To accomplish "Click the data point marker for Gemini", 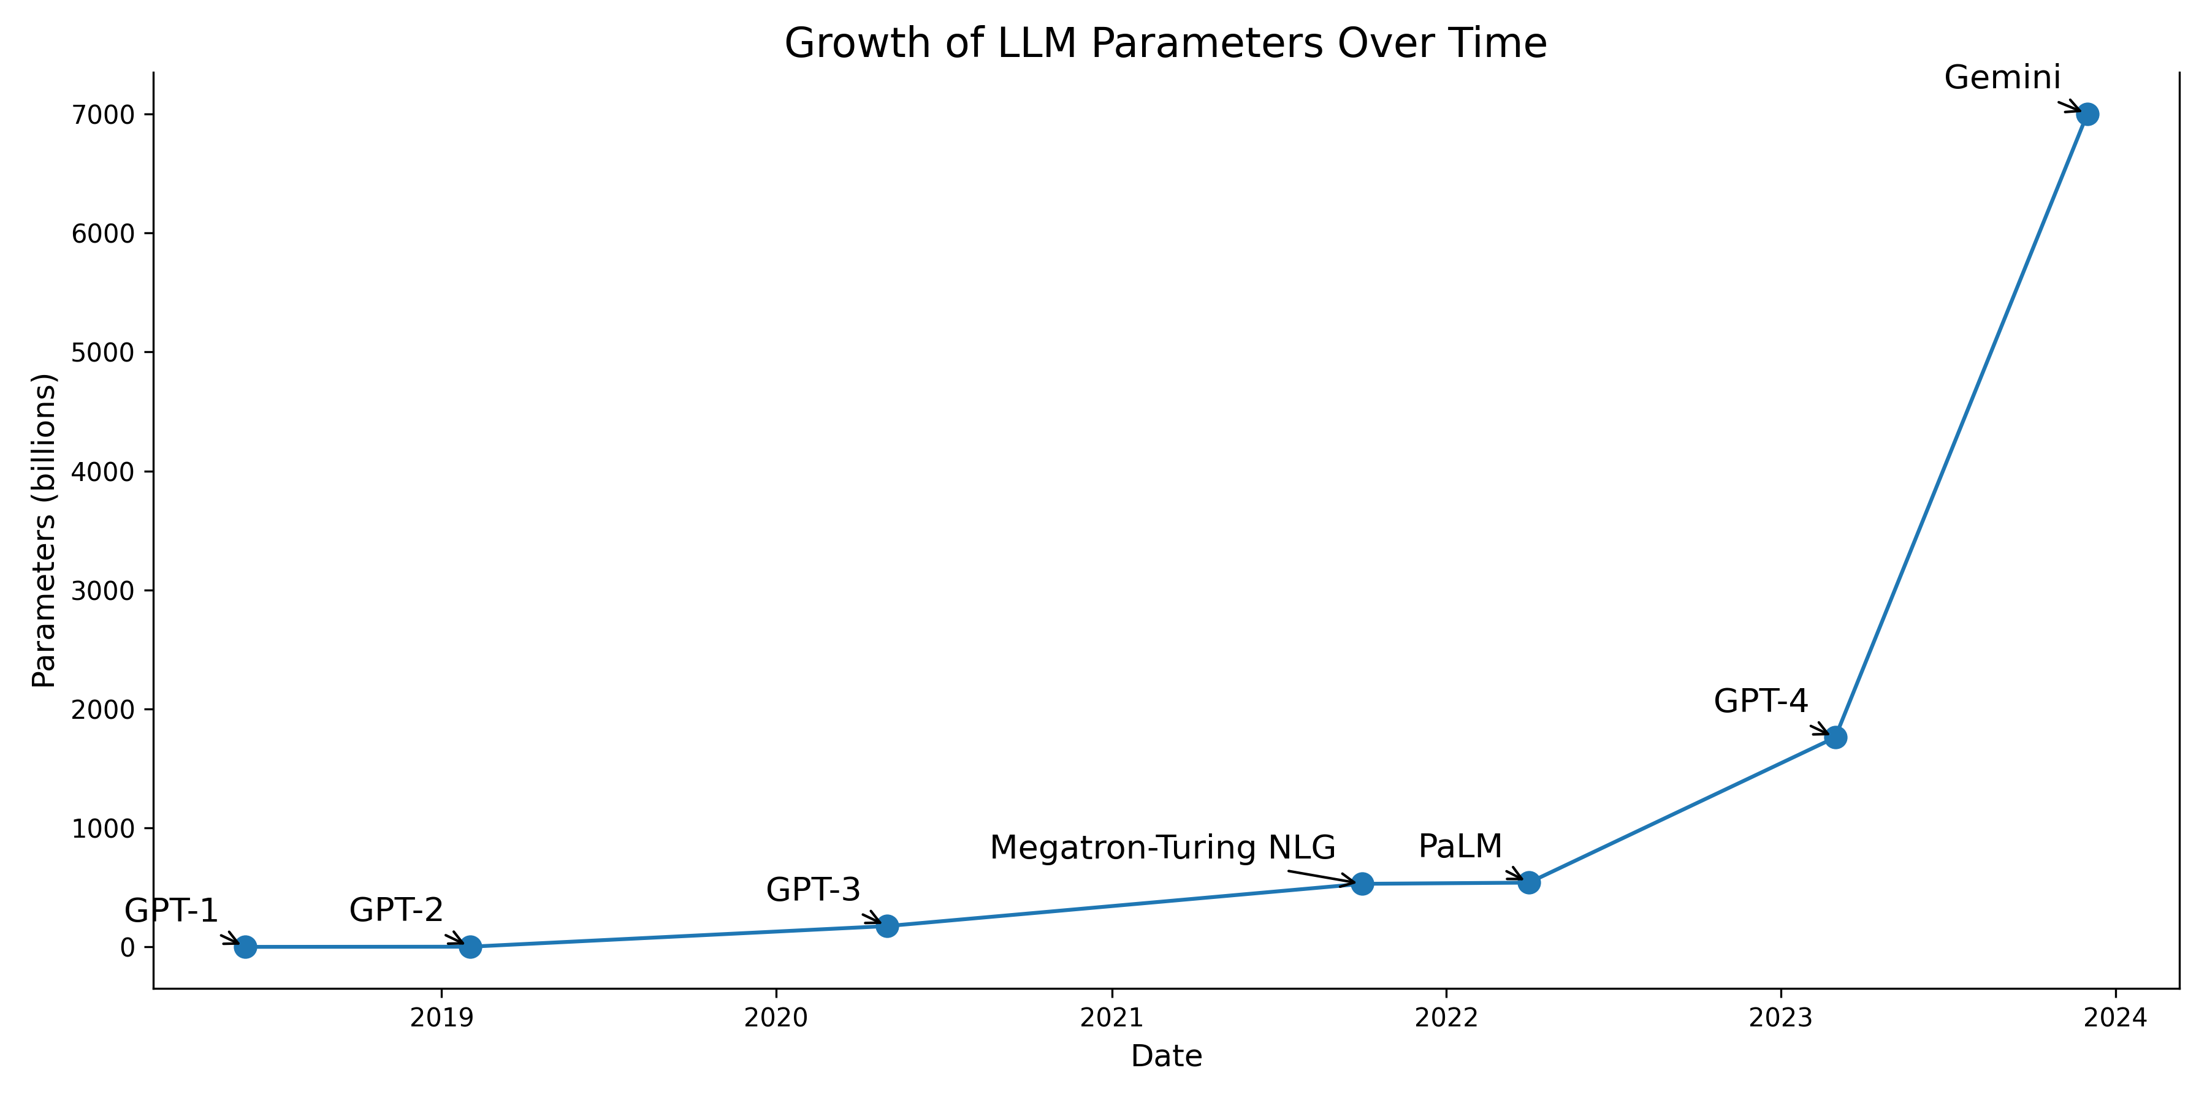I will tap(2087, 114).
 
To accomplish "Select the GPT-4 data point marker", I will tap(1835, 737).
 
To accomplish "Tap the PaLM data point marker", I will tap(1530, 882).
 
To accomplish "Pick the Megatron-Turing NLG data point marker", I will tap(1362, 884).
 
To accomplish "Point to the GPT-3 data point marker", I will tap(888, 926).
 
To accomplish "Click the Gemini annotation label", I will tap(2002, 78).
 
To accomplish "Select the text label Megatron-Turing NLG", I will tap(1162, 848).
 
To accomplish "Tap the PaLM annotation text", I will tap(1460, 846).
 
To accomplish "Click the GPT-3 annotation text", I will tap(812, 890).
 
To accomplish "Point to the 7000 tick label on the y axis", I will tap(104, 115).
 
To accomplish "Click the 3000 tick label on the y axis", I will tap(104, 591).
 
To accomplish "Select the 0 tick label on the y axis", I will tap(128, 947).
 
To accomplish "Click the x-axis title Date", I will tap(1166, 1056).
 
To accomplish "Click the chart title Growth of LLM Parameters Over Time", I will tap(1165, 43).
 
